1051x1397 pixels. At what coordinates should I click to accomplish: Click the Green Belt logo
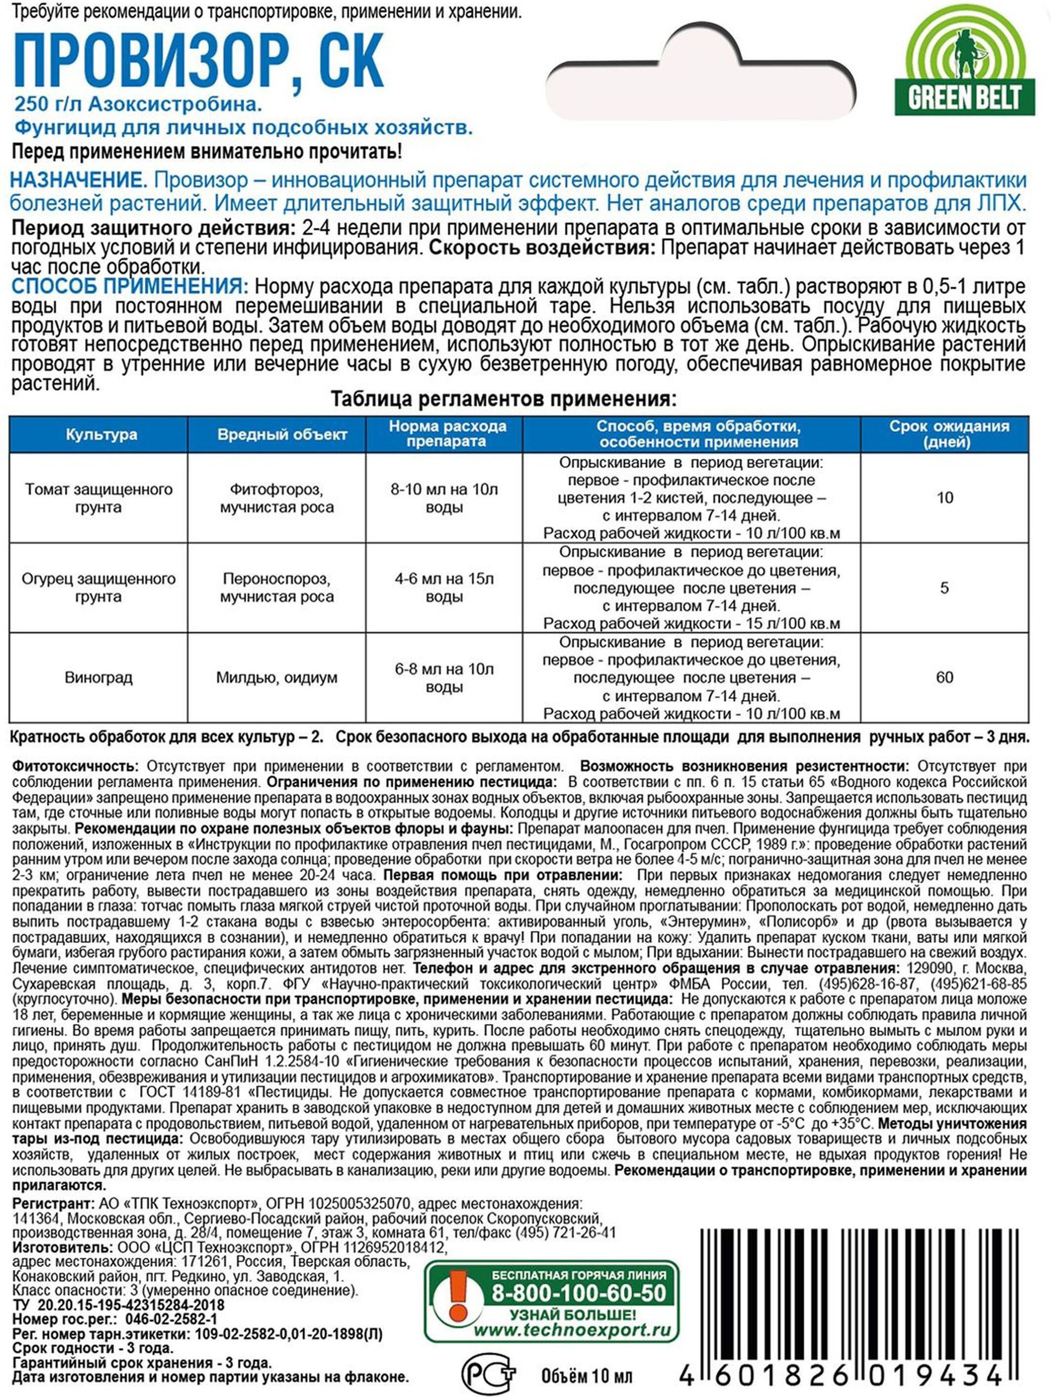click(x=964, y=62)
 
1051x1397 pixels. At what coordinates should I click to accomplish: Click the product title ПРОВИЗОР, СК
click(x=199, y=62)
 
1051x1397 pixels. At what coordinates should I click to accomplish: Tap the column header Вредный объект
click(x=282, y=434)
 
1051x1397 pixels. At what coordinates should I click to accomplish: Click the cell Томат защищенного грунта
click(x=99, y=498)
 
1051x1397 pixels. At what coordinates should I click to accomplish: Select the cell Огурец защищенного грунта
click(x=99, y=587)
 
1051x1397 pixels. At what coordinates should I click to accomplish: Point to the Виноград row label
click(x=99, y=677)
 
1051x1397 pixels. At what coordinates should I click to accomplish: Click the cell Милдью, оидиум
click(x=277, y=677)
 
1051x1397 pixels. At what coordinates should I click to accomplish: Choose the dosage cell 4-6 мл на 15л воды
click(x=444, y=587)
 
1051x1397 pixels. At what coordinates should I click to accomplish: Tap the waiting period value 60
click(x=944, y=677)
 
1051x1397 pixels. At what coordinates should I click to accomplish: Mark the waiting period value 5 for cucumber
click(x=944, y=588)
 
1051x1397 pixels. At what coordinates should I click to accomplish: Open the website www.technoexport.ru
click(x=572, y=1330)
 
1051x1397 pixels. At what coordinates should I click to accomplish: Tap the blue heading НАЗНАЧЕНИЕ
click(x=78, y=181)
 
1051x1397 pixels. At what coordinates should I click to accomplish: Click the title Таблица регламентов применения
click(x=503, y=400)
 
